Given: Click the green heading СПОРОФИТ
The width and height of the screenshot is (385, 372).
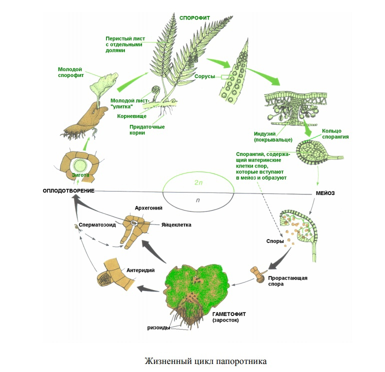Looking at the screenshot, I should point(194,17).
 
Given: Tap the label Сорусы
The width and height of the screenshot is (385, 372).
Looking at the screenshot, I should point(204,76).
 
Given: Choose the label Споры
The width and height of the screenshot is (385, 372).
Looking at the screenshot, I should point(275,241).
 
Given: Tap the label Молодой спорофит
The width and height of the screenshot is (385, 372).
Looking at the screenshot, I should point(70,72).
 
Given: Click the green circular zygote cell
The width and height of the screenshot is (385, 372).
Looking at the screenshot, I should point(79,164).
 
